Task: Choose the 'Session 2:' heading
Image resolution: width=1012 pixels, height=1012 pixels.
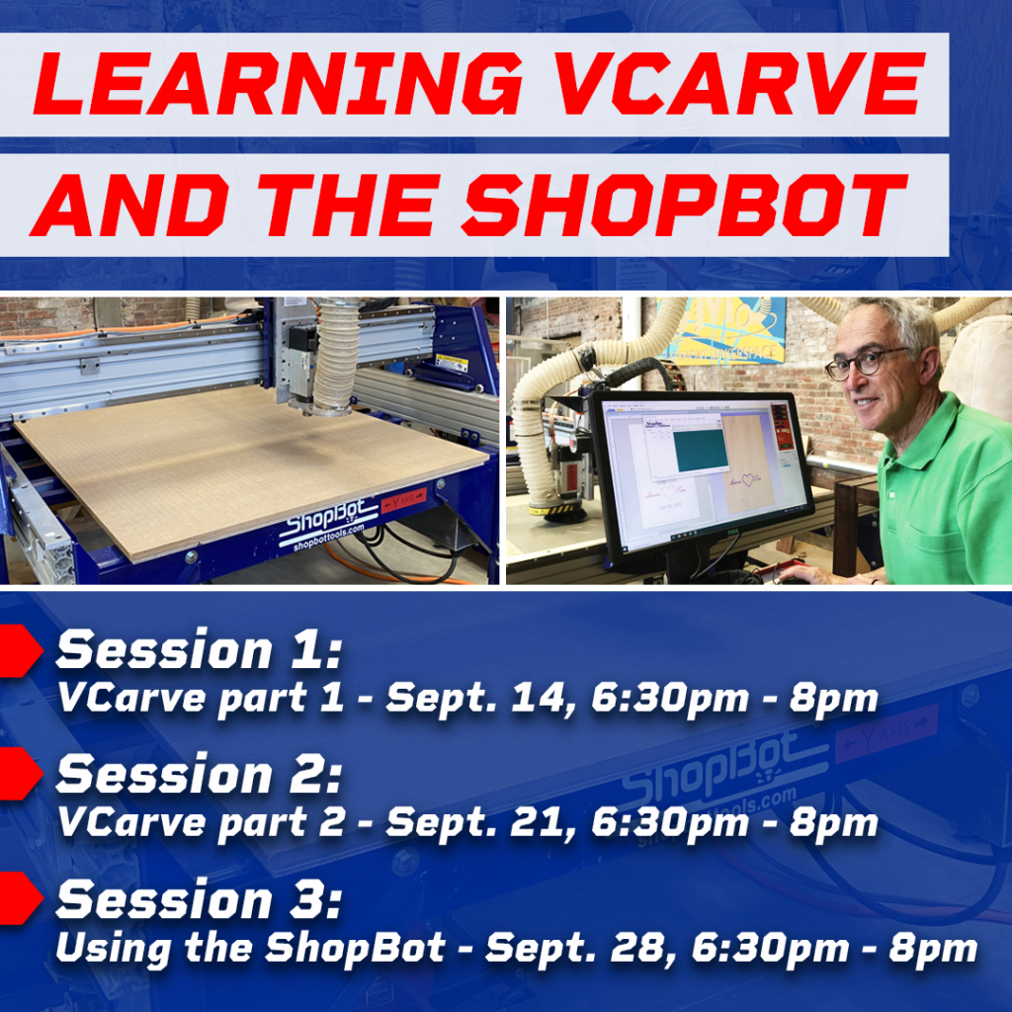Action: pos(198,776)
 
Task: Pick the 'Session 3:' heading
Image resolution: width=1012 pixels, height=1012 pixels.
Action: pos(198,901)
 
